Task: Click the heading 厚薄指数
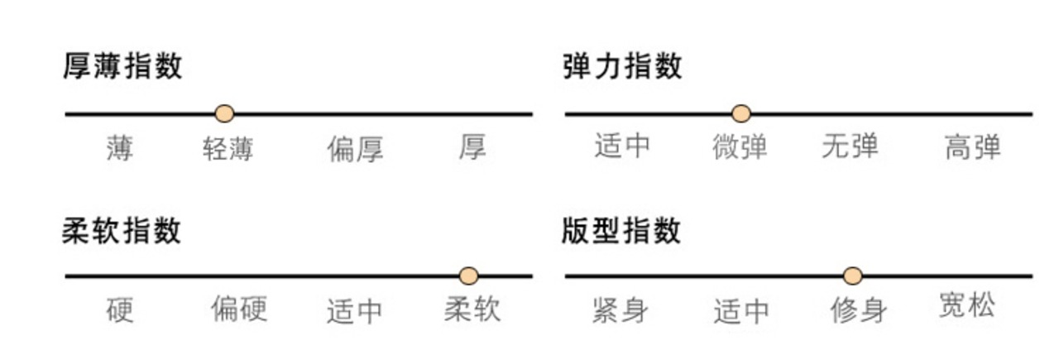coord(122,66)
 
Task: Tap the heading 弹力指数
coord(622,66)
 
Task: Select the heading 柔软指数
coord(122,231)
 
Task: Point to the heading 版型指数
coord(621,231)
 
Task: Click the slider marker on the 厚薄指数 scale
coord(224,113)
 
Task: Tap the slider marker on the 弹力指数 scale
coord(741,113)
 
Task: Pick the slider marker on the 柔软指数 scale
coord(469,276)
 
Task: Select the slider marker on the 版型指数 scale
coord(853,276)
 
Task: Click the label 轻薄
coord(228,149)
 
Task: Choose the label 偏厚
coord(355,150)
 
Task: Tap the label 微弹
coord(740,147)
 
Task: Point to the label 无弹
coord(850,147)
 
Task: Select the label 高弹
coord(972,148)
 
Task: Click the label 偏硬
coord(238,310)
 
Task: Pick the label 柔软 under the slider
coord(472,310)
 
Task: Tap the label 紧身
coord(621,311)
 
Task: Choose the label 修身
coord(859,311)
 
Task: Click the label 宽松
coord(967,306)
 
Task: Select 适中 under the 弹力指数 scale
coord(622,146)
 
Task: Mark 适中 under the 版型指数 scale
coord(741,311)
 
